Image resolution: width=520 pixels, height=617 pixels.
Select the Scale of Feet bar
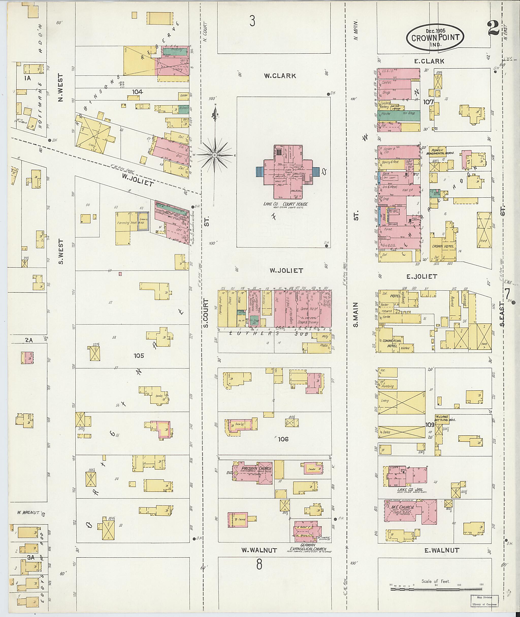[x=436, y=589]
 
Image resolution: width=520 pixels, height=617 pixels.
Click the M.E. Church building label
[x=403, y=507]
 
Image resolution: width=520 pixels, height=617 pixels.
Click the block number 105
[x=139, y=356]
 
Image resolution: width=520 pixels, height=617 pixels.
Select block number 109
[x=430, y=425]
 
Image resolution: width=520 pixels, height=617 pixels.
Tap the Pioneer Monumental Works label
[x=441, y=152]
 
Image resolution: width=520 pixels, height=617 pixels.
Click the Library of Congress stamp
[x=484, y=600]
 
